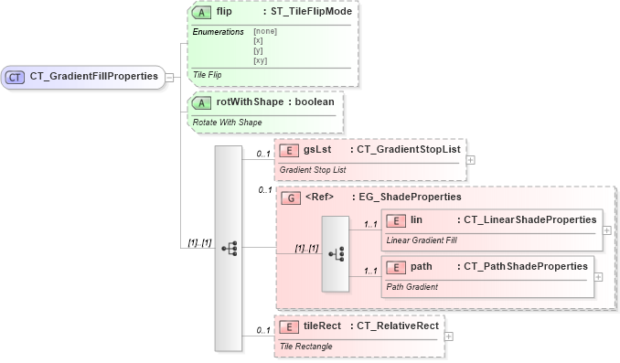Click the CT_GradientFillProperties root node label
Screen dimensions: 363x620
click(93, 78)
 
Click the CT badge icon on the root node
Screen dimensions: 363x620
click(15, 78)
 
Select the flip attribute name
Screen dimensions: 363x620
click(224, 12)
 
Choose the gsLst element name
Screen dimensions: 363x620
click(317, 149)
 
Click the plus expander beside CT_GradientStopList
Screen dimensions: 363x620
click(471, 159)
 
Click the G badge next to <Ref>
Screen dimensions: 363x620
click(291, 198)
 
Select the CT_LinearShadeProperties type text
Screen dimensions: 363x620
click(530, 219)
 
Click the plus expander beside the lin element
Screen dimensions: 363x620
click(607, 230)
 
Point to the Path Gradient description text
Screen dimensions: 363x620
click(412, 286)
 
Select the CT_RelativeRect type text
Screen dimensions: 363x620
click(396, 326)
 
